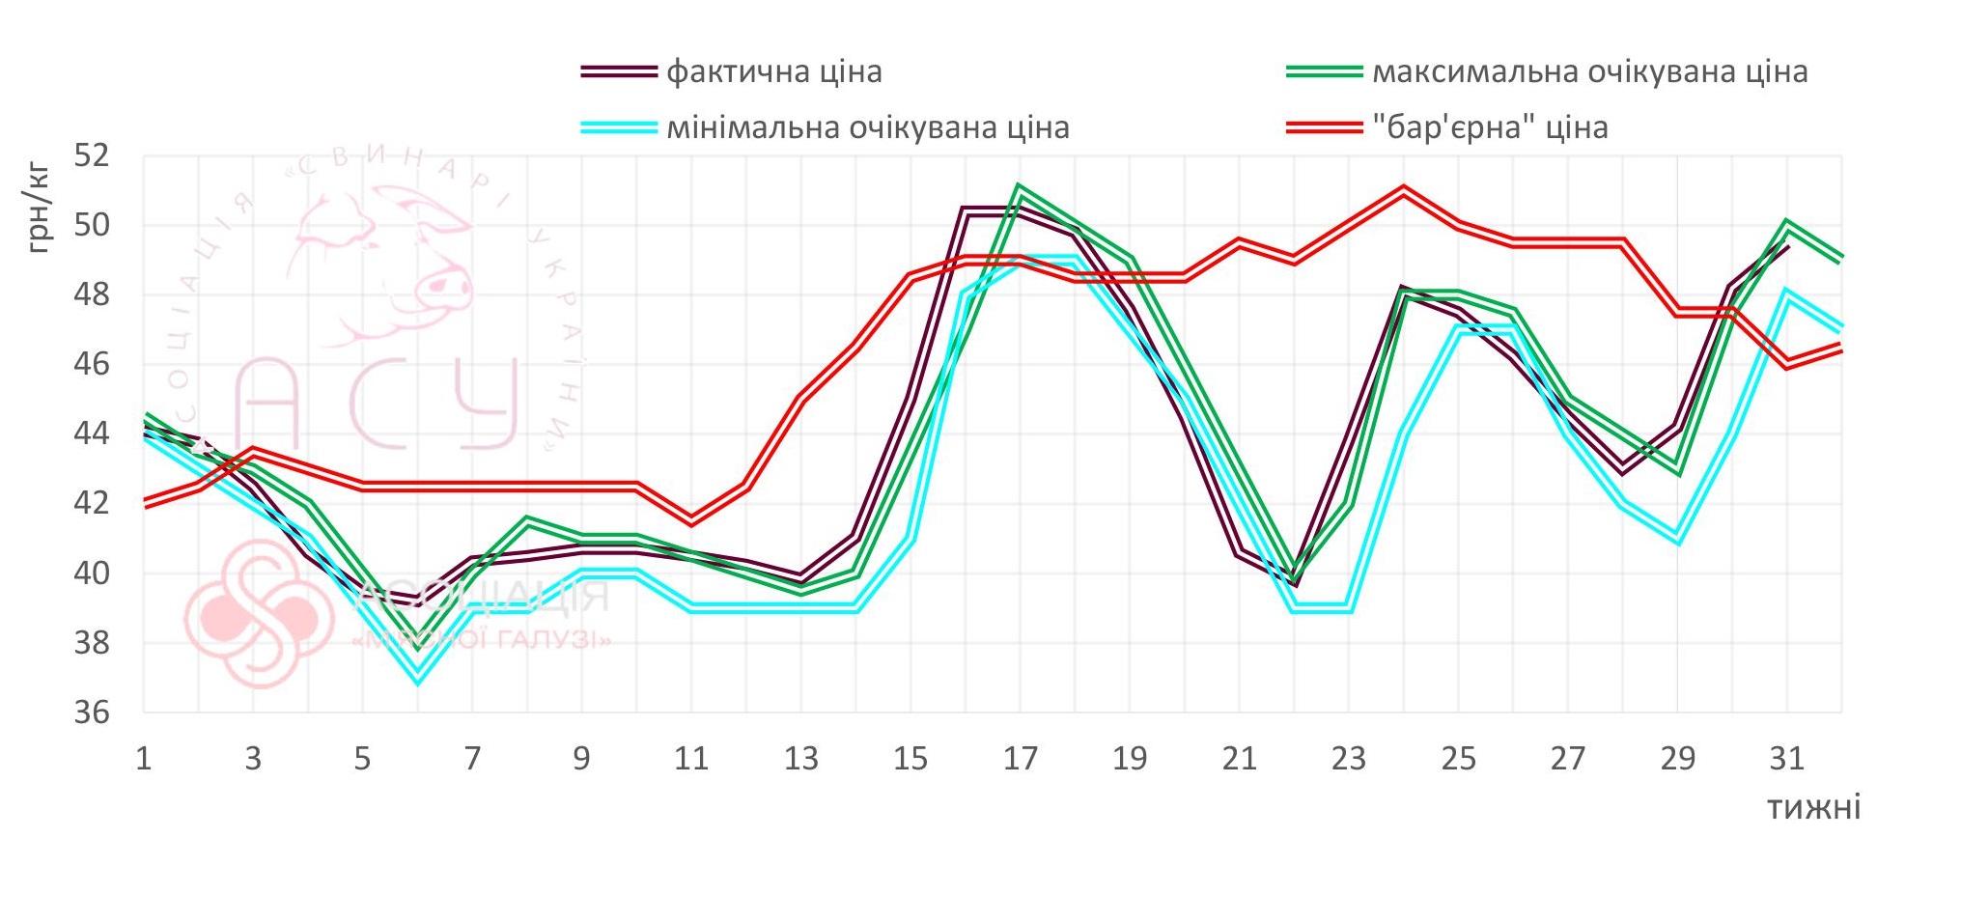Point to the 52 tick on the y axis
coord(93,155)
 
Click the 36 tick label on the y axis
coord(93,712)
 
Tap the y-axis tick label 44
coord(93,433)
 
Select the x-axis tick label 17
coord(1020,759)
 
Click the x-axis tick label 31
coord(1786,759)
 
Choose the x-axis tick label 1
coord(144,759)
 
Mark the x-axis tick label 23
coord(1348,759)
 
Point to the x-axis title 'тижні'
coord(1813,807)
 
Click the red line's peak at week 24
coord(1403,189)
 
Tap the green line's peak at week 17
coord(1020,187)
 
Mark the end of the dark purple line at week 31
coord(1787,247)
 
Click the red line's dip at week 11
coord(691,521)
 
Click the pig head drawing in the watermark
coord(386,261)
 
